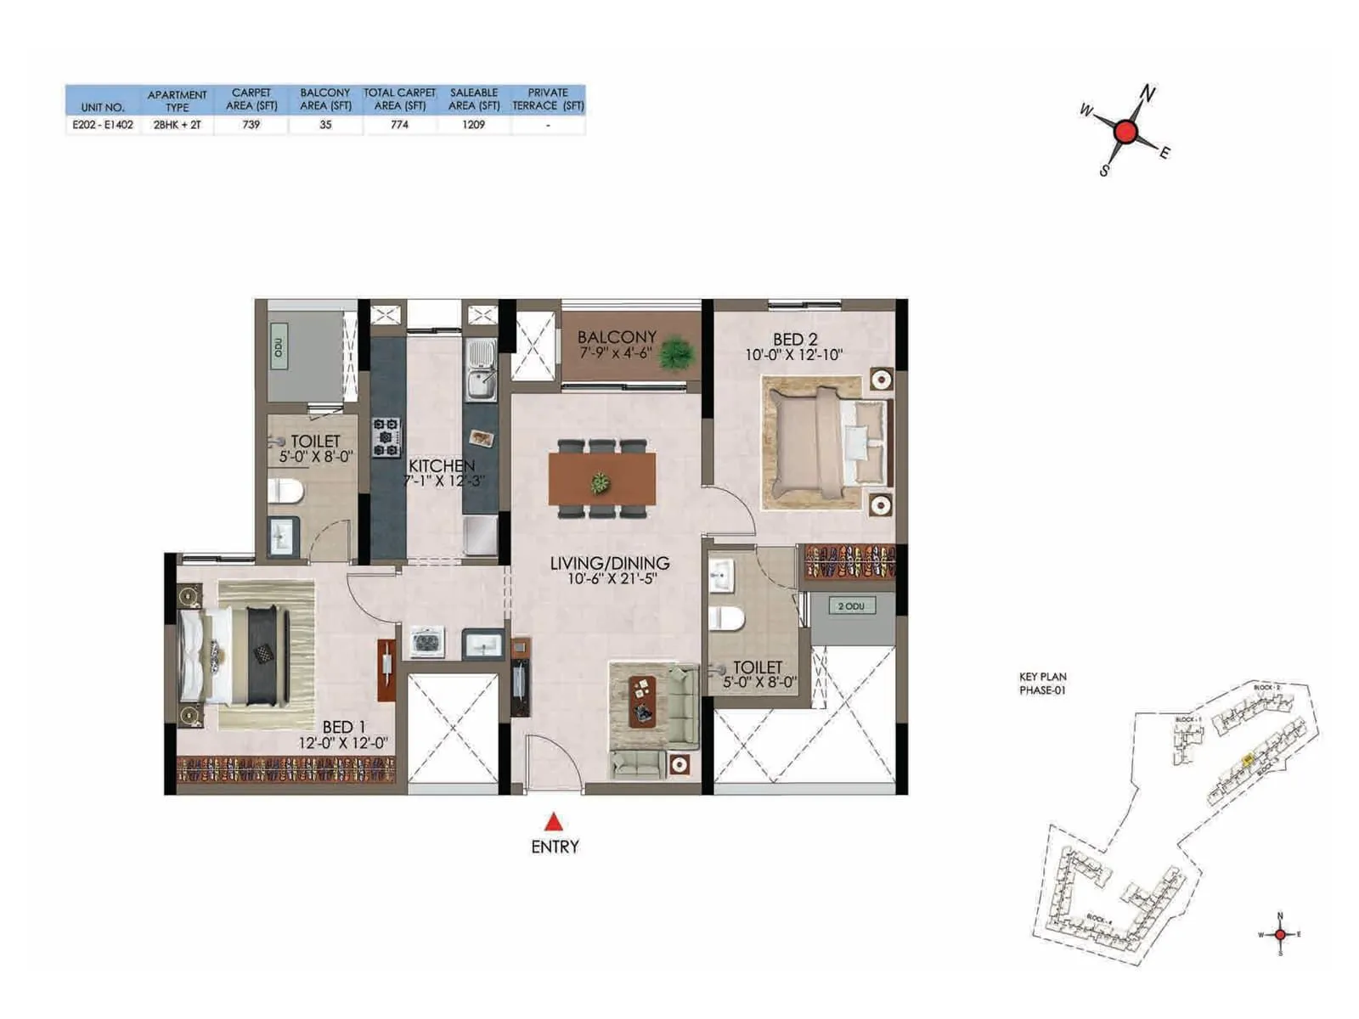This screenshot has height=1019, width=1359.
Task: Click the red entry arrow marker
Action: (554, 821)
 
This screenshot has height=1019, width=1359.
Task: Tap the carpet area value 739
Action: (251, 124)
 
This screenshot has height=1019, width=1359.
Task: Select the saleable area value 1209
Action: (473, 124)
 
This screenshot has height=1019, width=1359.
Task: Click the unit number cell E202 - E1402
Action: (102, 124)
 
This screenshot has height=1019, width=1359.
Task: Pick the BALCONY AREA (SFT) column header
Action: (325, 99)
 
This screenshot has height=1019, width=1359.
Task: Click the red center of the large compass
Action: (1125, 132)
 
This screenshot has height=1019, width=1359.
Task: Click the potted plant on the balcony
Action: (677, 353)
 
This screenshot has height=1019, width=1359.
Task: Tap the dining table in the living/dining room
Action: (601, 478)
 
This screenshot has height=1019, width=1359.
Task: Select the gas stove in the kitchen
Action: (386, 436)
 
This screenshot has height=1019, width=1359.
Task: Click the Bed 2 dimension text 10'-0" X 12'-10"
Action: (793, 355)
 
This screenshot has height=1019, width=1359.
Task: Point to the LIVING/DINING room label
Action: (609, 562)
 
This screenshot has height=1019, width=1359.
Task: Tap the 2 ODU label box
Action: (851, 605)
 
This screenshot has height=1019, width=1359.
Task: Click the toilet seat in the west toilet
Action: (287, 490)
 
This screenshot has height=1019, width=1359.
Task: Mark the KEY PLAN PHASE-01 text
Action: (1042, 684)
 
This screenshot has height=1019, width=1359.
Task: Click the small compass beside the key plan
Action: (1279, 934)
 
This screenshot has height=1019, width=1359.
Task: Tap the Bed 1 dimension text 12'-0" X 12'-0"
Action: (342, 742)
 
